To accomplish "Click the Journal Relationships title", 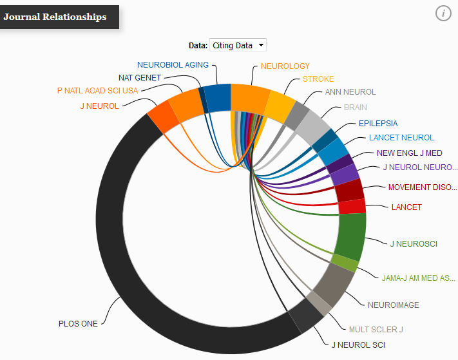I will click(x=55, y=17).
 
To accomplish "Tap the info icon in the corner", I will click(x=443, y=13).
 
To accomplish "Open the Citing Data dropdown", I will click(x=237, y=46).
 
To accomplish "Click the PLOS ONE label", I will click(x=78, y=323).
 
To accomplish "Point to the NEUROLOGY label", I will click(x=285, y=66).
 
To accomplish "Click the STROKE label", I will click(x=318, y=79).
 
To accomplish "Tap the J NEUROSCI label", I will click(x=414, y=243).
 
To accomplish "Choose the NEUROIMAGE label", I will click(x=393, y=305).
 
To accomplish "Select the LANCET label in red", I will click(x=406, y=207).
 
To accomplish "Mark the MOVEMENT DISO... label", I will click(x=421, y=187).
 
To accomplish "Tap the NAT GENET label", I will click(x=140, y=77).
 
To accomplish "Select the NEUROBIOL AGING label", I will click(x=173, y=64).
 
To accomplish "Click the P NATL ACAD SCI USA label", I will click(x=97, y=90).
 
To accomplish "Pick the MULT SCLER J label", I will click(x=376, y=329).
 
